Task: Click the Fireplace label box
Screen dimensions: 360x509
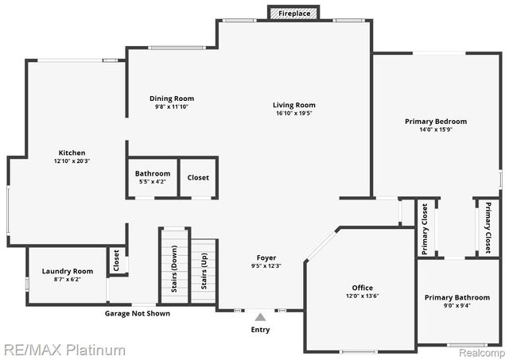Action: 293,14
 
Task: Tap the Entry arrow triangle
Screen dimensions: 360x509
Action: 260,317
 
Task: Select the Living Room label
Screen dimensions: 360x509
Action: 294,105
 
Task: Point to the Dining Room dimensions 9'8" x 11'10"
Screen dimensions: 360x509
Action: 172,107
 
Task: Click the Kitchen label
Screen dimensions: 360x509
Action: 72,153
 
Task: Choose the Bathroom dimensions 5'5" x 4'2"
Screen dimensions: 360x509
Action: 152,182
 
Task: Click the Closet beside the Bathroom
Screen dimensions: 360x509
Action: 198,177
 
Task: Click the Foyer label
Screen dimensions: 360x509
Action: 266,257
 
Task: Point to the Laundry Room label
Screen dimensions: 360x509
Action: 68,271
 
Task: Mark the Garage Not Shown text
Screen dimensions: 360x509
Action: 138,313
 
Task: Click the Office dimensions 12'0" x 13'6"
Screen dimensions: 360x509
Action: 362,296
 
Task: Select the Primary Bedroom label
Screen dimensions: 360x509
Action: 435,122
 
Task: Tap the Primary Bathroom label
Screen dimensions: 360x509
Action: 457,297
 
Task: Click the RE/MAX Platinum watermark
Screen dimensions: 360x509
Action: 64,350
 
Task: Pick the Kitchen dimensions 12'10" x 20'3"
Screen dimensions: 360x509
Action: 72,161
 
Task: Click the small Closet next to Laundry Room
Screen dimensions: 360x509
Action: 117,260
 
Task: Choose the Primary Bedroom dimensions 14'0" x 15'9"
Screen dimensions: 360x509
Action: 435,130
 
